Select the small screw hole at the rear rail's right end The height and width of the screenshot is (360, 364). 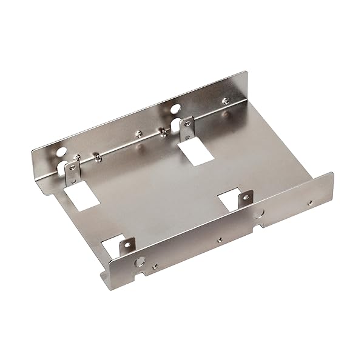click(225, 100)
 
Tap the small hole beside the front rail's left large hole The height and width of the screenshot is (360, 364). click(154, 264)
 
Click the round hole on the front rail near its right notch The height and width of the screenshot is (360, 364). click(260, 213)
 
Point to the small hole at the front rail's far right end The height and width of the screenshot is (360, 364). click(311, 204)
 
